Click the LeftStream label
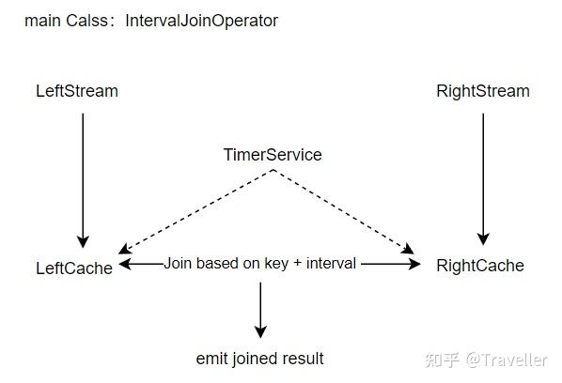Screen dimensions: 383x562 tap(77, 91)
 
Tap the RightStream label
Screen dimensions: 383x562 tap(483, 91)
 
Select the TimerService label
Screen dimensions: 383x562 tap(273, 155)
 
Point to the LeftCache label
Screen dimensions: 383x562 tap(74, 268)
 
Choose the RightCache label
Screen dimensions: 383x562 tap(480, 266)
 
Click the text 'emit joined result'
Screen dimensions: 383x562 tap(260, 359)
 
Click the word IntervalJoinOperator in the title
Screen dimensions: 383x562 tap(202, 20)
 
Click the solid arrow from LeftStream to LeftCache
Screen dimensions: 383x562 tap(83, 178)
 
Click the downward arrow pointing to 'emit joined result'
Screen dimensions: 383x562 tap(260, 310)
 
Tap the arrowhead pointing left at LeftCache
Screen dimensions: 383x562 tap(125, 265)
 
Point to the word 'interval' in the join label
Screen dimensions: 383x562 tap(332, 264)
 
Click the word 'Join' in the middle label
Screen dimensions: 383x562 tap(180, 264)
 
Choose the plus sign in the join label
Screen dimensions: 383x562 tap(298, 264)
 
